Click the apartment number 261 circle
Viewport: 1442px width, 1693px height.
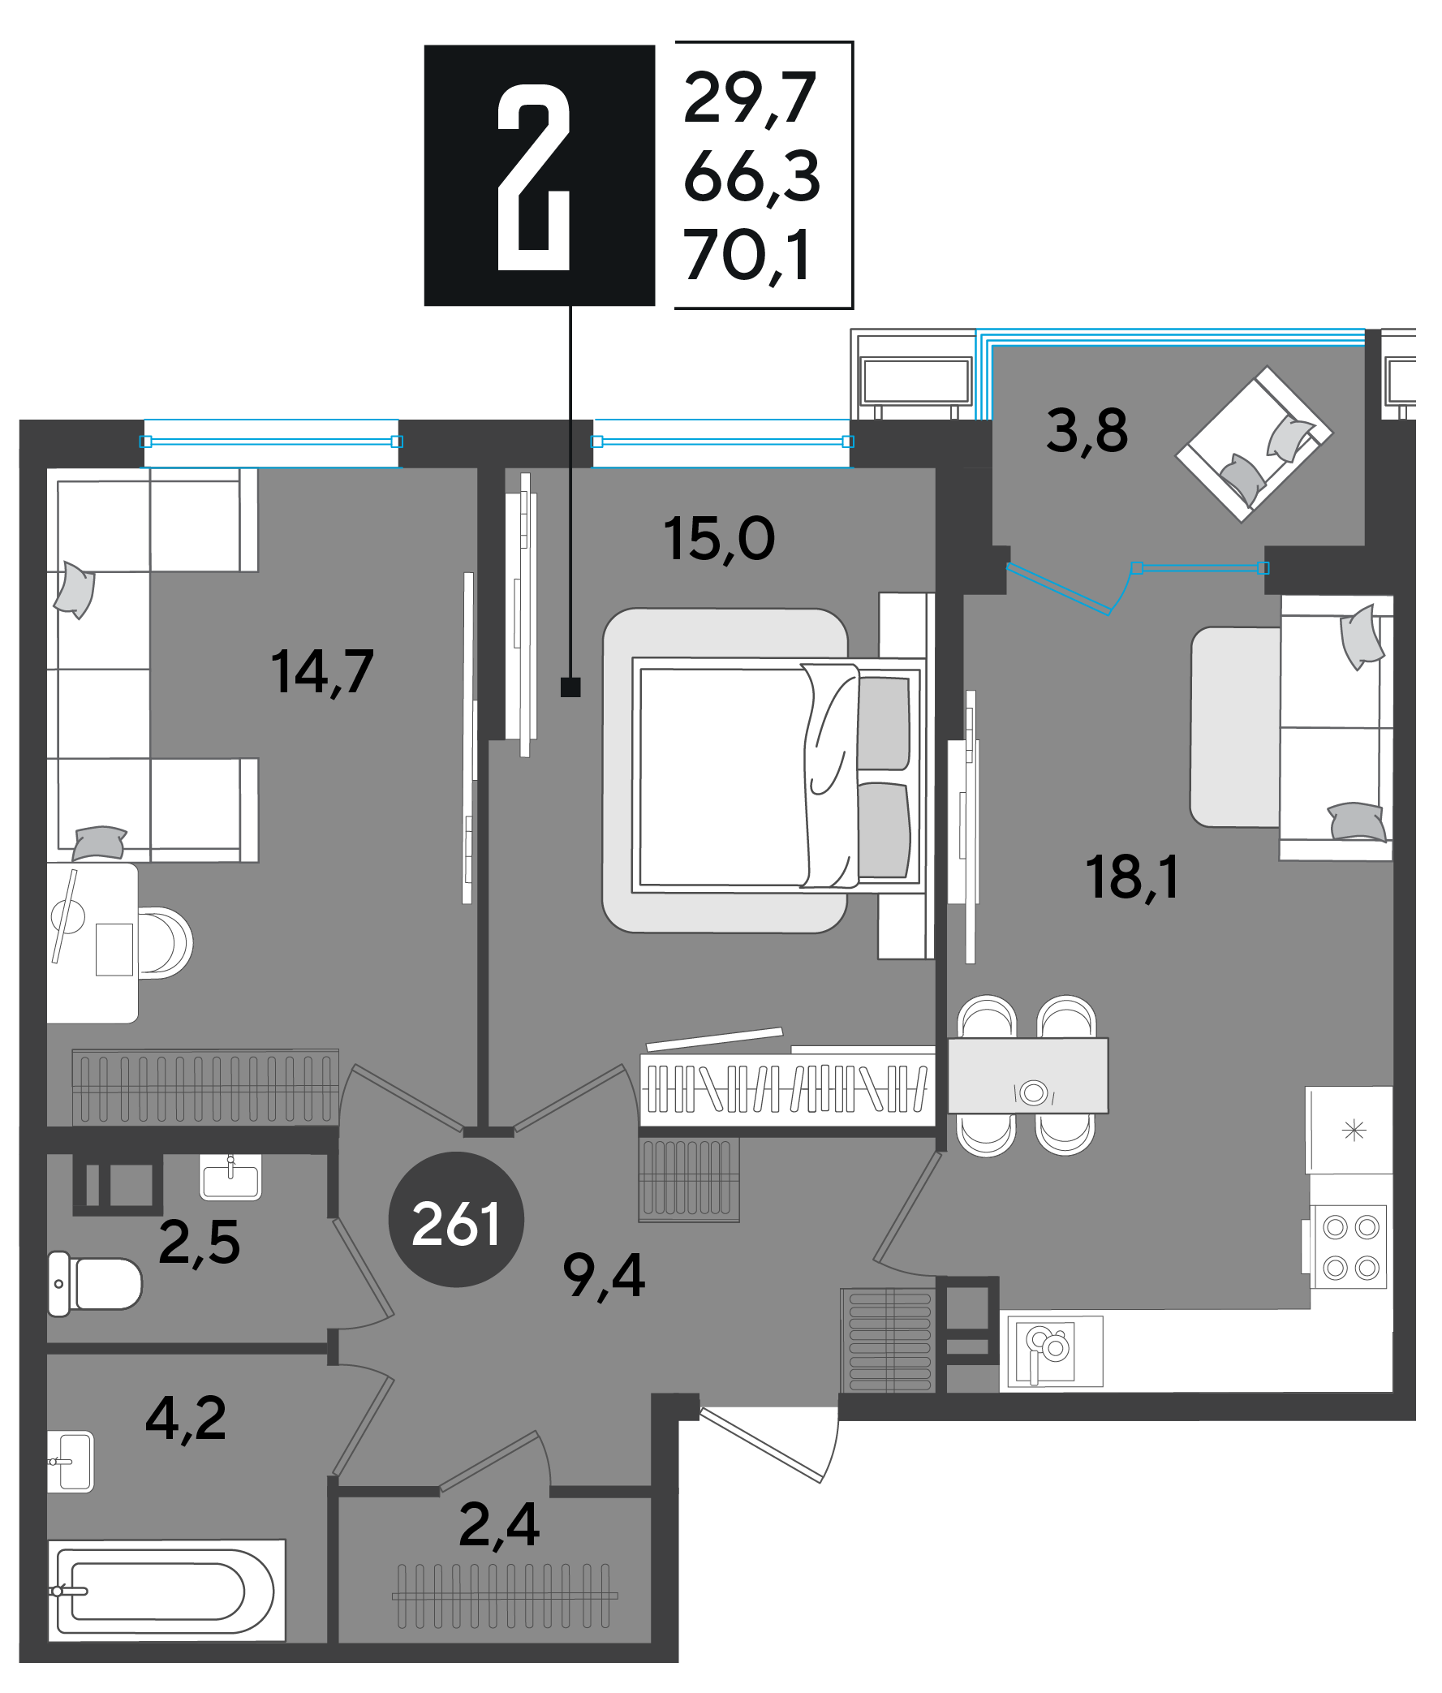pyautogui.click(x=456, y=1220)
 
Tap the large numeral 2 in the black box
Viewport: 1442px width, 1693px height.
pyautogui.click(x=533, y=176)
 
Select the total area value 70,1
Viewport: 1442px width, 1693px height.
pyautogui.click(x=747, y=256)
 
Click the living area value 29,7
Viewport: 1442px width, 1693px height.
pyautogui.click(x=750, y=99)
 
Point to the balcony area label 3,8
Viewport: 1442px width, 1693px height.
pyautogui.click(x=1087, y=431)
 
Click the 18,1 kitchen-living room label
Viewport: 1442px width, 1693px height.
pyautogui.click(x=1132, y=877)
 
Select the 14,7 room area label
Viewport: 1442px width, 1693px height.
pyautogui.click(x=322, y=672)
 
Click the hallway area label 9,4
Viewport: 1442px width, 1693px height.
pyautogui.click(x=604, y=1276)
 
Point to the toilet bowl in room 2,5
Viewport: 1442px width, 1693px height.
pyautogui.click(x=95, y=1284)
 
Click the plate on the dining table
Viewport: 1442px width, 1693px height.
pyautogui.click(x=1034, y=1092)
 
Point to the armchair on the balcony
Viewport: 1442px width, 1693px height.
pyautogui.click(x=1253, y=445)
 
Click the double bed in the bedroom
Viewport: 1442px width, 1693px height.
pyautogui.click(x=776, y=776)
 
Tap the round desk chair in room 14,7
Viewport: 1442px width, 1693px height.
pyautogui.click(x=166, y=943)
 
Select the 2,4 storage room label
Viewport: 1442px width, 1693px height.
pyautogui.click(x=499, y=1525)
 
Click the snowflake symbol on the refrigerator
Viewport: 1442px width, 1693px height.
pyautogui.click(x=1354, y=1131)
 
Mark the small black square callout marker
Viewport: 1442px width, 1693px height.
pyautogui.click(x=570, y=687)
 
